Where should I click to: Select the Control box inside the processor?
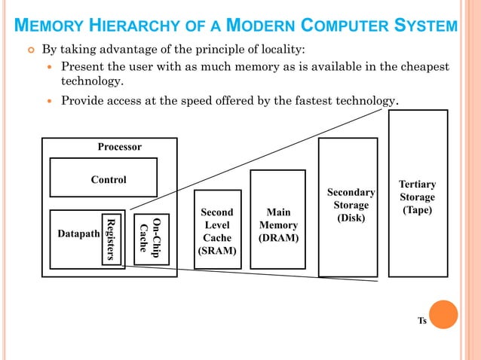(103, 178)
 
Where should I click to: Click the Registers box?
(111, 239)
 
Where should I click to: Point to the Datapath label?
(78, 233)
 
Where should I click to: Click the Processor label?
(119, 147)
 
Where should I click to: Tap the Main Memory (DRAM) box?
(277, 225)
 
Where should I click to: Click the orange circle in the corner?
(443, 315)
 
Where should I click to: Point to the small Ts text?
(422, 322)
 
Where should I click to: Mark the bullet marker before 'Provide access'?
(51, 100)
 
